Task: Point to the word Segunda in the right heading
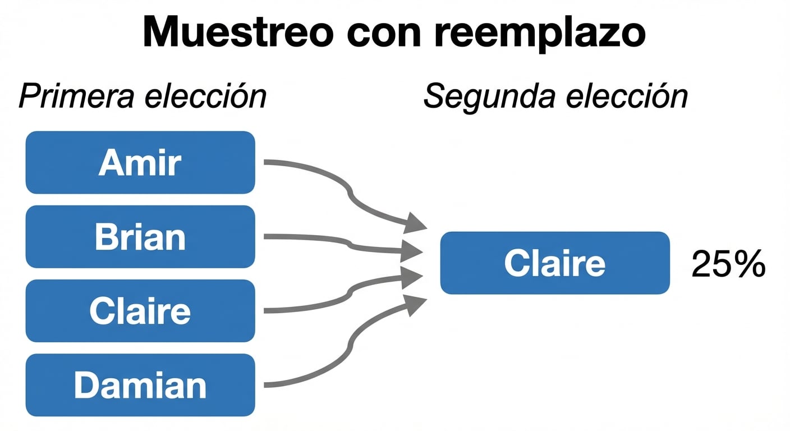pyautogui.click(x=489, y=97)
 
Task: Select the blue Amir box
pyautogui.click(x=140, y=163)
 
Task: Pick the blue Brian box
pyautogui.click(x=140, y=237)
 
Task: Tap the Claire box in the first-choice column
pyautogui.click(x=140, y=311)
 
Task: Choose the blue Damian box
pyautogui.click(x=140, y=385)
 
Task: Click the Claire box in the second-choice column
pyautogui.click(x=555, y=263)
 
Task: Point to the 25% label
pyautogui.click(x=728, y=263)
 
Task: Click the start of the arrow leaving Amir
pyautogui.click(x=267, y=163)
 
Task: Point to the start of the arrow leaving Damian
pyautogui.click(x=267, y=385)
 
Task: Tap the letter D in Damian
pyautogui.click(x=85, y=385)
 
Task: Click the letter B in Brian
pyautogui.click(x=105, y=237)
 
